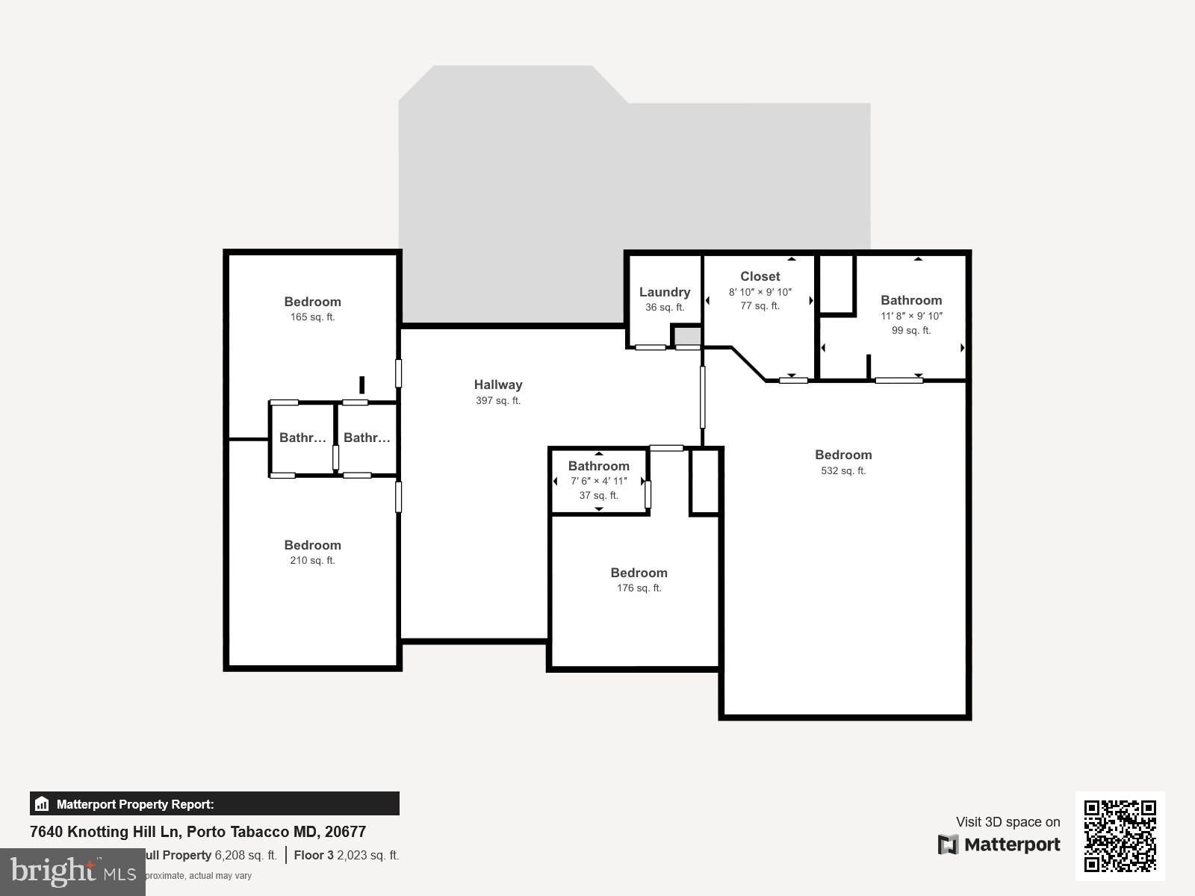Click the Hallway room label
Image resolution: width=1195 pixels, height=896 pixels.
[x=498, y=385]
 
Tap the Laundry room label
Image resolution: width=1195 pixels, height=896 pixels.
[x=664, y=292]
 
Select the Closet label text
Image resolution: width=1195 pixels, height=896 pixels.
[x=760, y=276]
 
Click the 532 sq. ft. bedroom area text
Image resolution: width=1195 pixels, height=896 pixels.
[x=843, y=470]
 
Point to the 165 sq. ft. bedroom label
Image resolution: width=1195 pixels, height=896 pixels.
[x=312, y=302]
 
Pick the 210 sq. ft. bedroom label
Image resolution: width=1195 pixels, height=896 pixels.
[x=312, y=545]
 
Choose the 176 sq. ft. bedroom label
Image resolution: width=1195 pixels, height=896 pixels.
[x=639, y=573]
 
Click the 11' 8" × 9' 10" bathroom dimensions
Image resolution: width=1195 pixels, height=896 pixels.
[x=911, y=316]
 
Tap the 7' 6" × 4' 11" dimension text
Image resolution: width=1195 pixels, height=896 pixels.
[x=598, y=481]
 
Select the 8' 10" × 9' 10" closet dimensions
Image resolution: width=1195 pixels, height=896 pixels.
[x=760, y=292]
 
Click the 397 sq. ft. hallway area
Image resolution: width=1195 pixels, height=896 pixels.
[x=498, y=400]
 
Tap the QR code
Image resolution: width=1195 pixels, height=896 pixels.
[x=1120, y=836]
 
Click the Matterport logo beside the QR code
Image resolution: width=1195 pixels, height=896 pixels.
[x=999, y=844]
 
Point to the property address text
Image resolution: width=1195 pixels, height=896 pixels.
[x=198, y=832]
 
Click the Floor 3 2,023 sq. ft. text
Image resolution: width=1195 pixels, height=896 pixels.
[x=347, y=855]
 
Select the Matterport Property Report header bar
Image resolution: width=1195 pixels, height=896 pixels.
[x=214, y=804]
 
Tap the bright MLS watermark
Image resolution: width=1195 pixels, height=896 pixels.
[x=72, y=871]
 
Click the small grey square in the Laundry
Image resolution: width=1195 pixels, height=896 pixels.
[x=688, y=336]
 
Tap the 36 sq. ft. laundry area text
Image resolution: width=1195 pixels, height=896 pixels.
[x=664, y=307]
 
